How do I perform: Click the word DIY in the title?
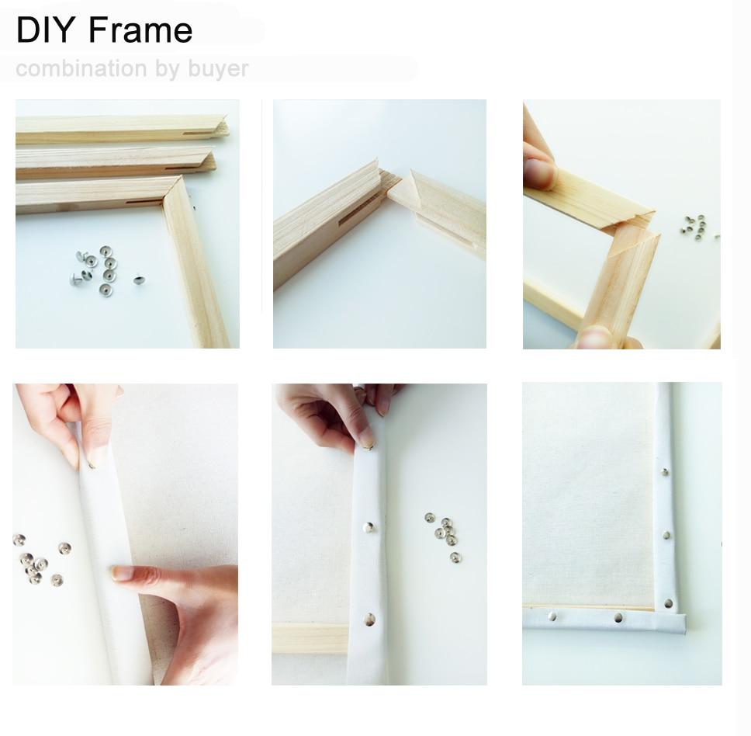(46, 30)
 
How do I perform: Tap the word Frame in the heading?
(140, 30)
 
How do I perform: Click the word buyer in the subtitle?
(218, 68)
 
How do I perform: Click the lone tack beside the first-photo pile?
(138, 279)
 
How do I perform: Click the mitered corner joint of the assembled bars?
(173, 189)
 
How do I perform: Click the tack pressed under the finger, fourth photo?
(93, 464)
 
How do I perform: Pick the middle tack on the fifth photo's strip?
(369, 527)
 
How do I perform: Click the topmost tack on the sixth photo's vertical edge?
(664, 471)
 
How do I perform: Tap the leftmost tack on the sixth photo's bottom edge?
(552, 616)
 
